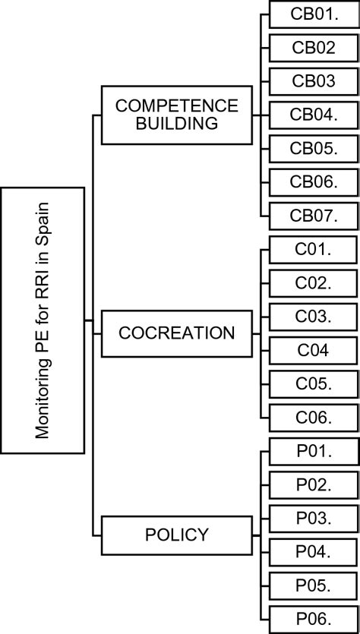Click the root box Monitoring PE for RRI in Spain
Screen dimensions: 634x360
point(43,320)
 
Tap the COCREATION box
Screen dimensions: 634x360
point(177,333)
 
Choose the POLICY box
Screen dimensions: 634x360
point(177,535)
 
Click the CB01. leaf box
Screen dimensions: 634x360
point(314,14)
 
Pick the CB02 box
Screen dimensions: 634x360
point(314,47)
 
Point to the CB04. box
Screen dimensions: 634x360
point(314,115)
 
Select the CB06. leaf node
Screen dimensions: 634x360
point(314,181)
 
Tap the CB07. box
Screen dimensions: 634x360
point(314,215)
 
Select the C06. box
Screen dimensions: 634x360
point(314,417)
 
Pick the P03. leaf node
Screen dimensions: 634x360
point(314,518)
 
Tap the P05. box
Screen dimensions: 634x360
point(314,585)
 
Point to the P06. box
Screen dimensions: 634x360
point(314,618)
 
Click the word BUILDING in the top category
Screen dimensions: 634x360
point(177,123)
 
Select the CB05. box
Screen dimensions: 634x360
point(314,148)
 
